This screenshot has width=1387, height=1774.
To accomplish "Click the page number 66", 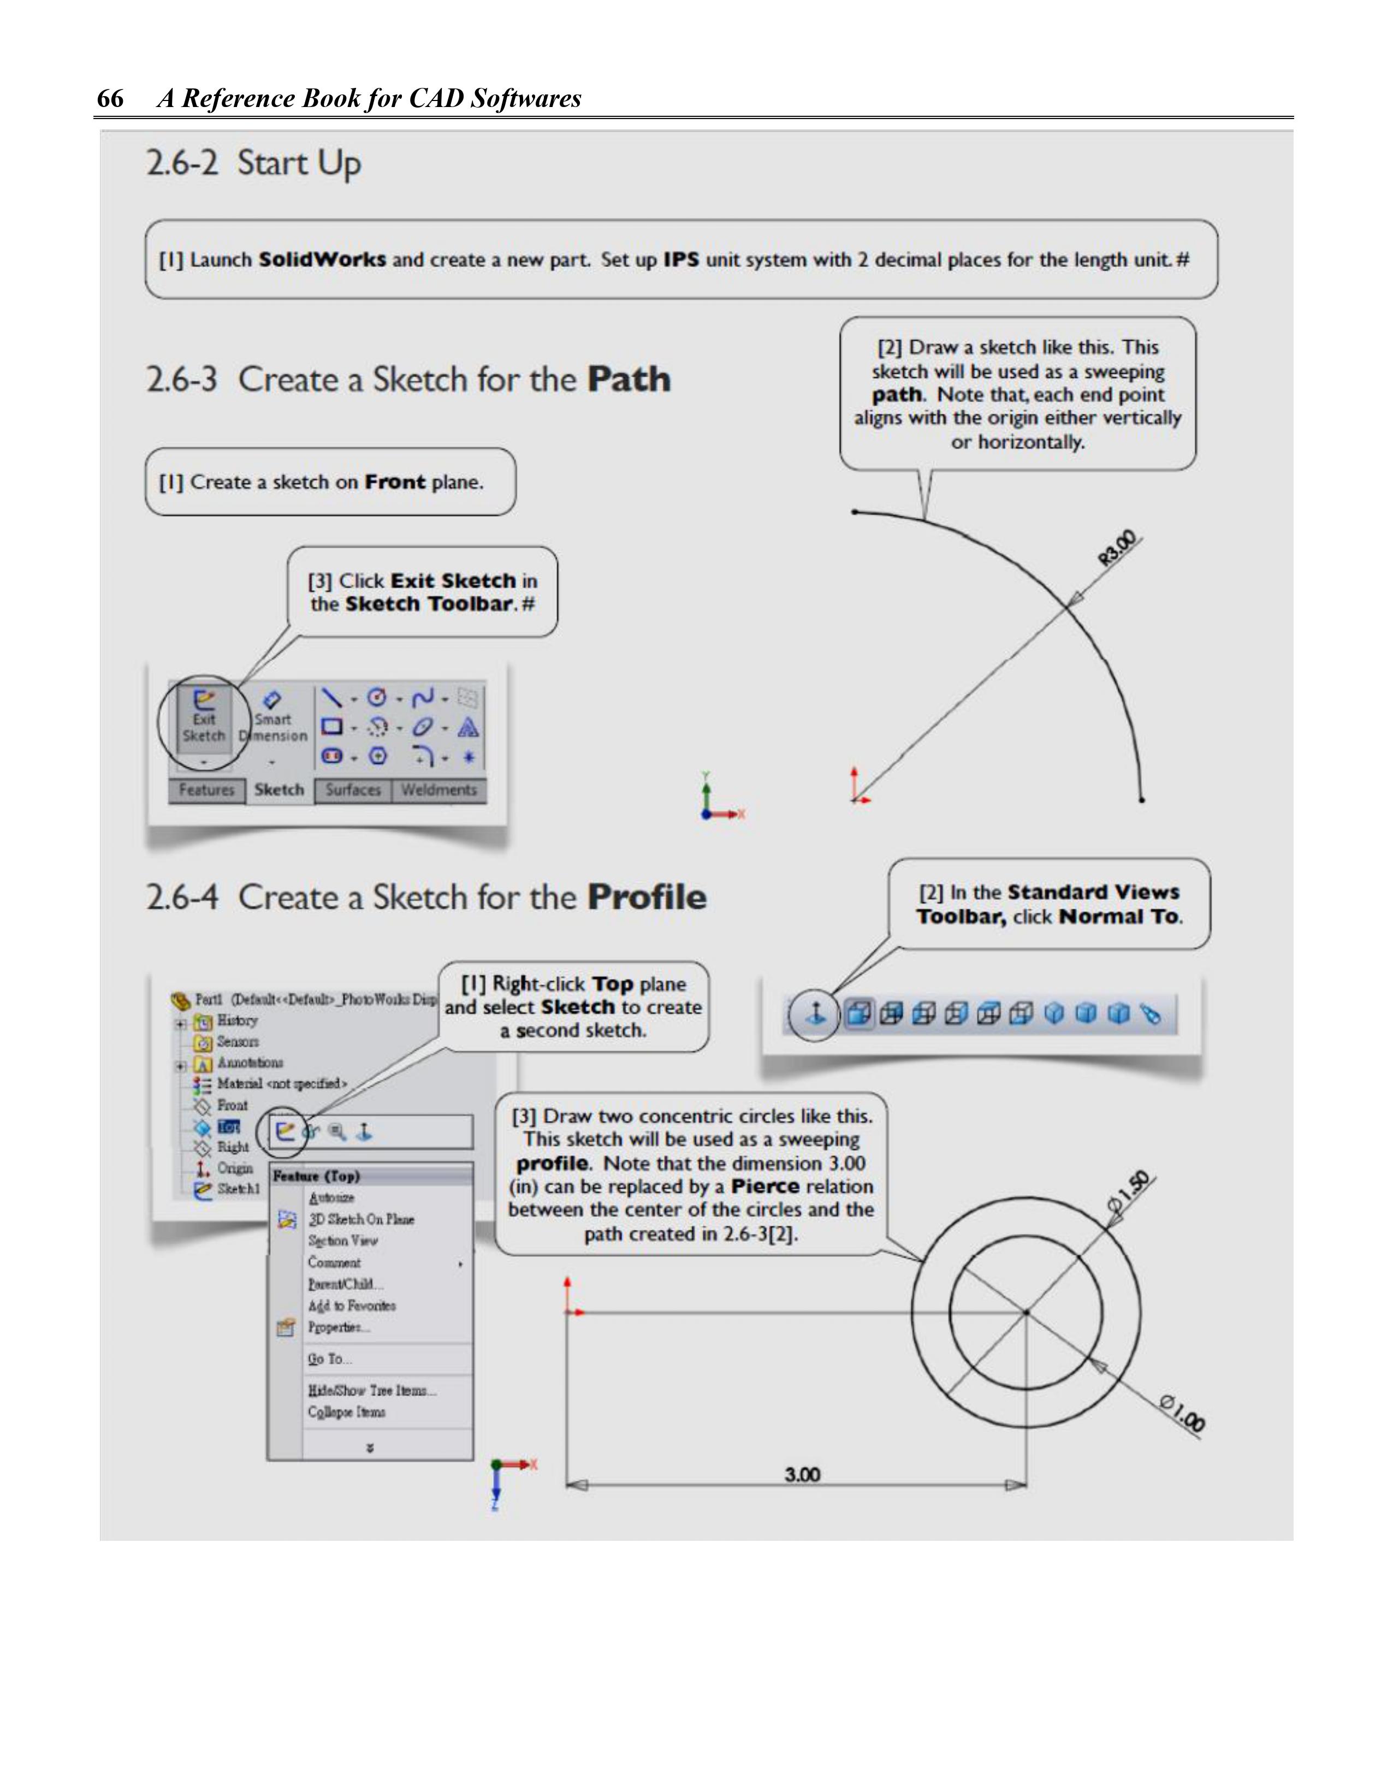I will [110, 98].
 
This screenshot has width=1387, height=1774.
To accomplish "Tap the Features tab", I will [206, 790].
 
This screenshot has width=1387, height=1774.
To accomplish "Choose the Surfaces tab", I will [353, 790].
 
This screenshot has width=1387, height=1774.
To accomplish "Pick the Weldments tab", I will [439, 790].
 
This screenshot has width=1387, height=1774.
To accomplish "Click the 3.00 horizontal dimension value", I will [802, 1474].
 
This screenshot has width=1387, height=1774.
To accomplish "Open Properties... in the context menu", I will [338, 1327].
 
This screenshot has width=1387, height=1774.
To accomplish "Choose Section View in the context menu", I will [342, 1241].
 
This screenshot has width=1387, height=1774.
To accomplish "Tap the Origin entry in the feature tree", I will [235, 1168].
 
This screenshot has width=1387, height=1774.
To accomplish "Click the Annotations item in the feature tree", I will [250, 1063].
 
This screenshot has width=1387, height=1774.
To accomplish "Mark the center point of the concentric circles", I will [1026, 1312].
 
